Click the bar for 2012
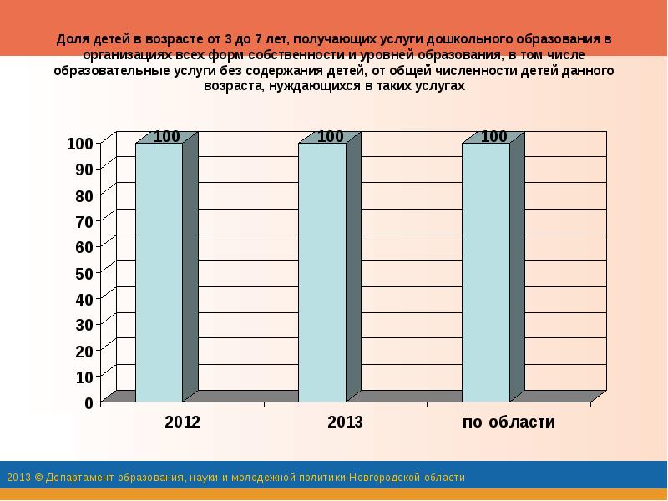(x=159, y=271)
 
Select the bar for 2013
(x=322, y=271)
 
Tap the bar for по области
(x=485, y=271)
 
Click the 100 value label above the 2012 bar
(x=167, y=137)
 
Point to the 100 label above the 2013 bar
(x=331, y=137)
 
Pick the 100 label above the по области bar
(x=494, y=137)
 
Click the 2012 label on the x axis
(x=182, y=423)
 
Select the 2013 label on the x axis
(x=345, y=423)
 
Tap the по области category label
(x=509, y=423)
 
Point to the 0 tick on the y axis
(x=88, y=402)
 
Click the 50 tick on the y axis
(x=83, y=273)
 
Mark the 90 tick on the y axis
(x=83, y=170)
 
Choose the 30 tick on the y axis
(x=83, y=325)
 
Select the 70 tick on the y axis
(x=83, y=221)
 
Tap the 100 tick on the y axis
(x=80, y=144)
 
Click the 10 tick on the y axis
(x=83, y=377)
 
